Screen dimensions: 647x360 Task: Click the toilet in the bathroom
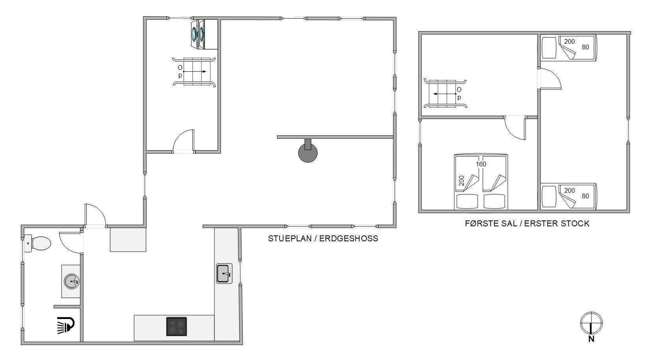(x=37, y=243)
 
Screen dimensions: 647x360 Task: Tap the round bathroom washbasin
(x=71, y=282)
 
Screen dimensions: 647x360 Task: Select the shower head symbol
(x=65, y=325)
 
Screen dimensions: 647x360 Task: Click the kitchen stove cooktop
(x=177, y=326)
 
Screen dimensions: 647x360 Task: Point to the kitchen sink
(x=224, y=273)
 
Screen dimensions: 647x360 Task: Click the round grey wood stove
(x=308, y=152)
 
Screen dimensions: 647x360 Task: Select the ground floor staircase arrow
(x=195, y=72)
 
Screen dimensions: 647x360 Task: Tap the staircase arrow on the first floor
(x=444, y=94)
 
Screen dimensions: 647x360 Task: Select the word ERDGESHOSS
(x=349, y=239)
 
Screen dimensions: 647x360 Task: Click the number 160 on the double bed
(x=481, y=164)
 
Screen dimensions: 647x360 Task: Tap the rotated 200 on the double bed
(x=461, y=181)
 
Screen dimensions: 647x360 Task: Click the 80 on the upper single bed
(x=586, y=47)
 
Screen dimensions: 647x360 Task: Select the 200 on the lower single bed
(x=569, y=191)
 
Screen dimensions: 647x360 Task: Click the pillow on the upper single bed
(x=549, y=47)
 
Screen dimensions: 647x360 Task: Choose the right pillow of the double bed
(x=494, y=201)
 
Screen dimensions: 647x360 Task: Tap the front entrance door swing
(x=96, y=215)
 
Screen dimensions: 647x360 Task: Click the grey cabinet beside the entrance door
(x=128, y=239)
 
